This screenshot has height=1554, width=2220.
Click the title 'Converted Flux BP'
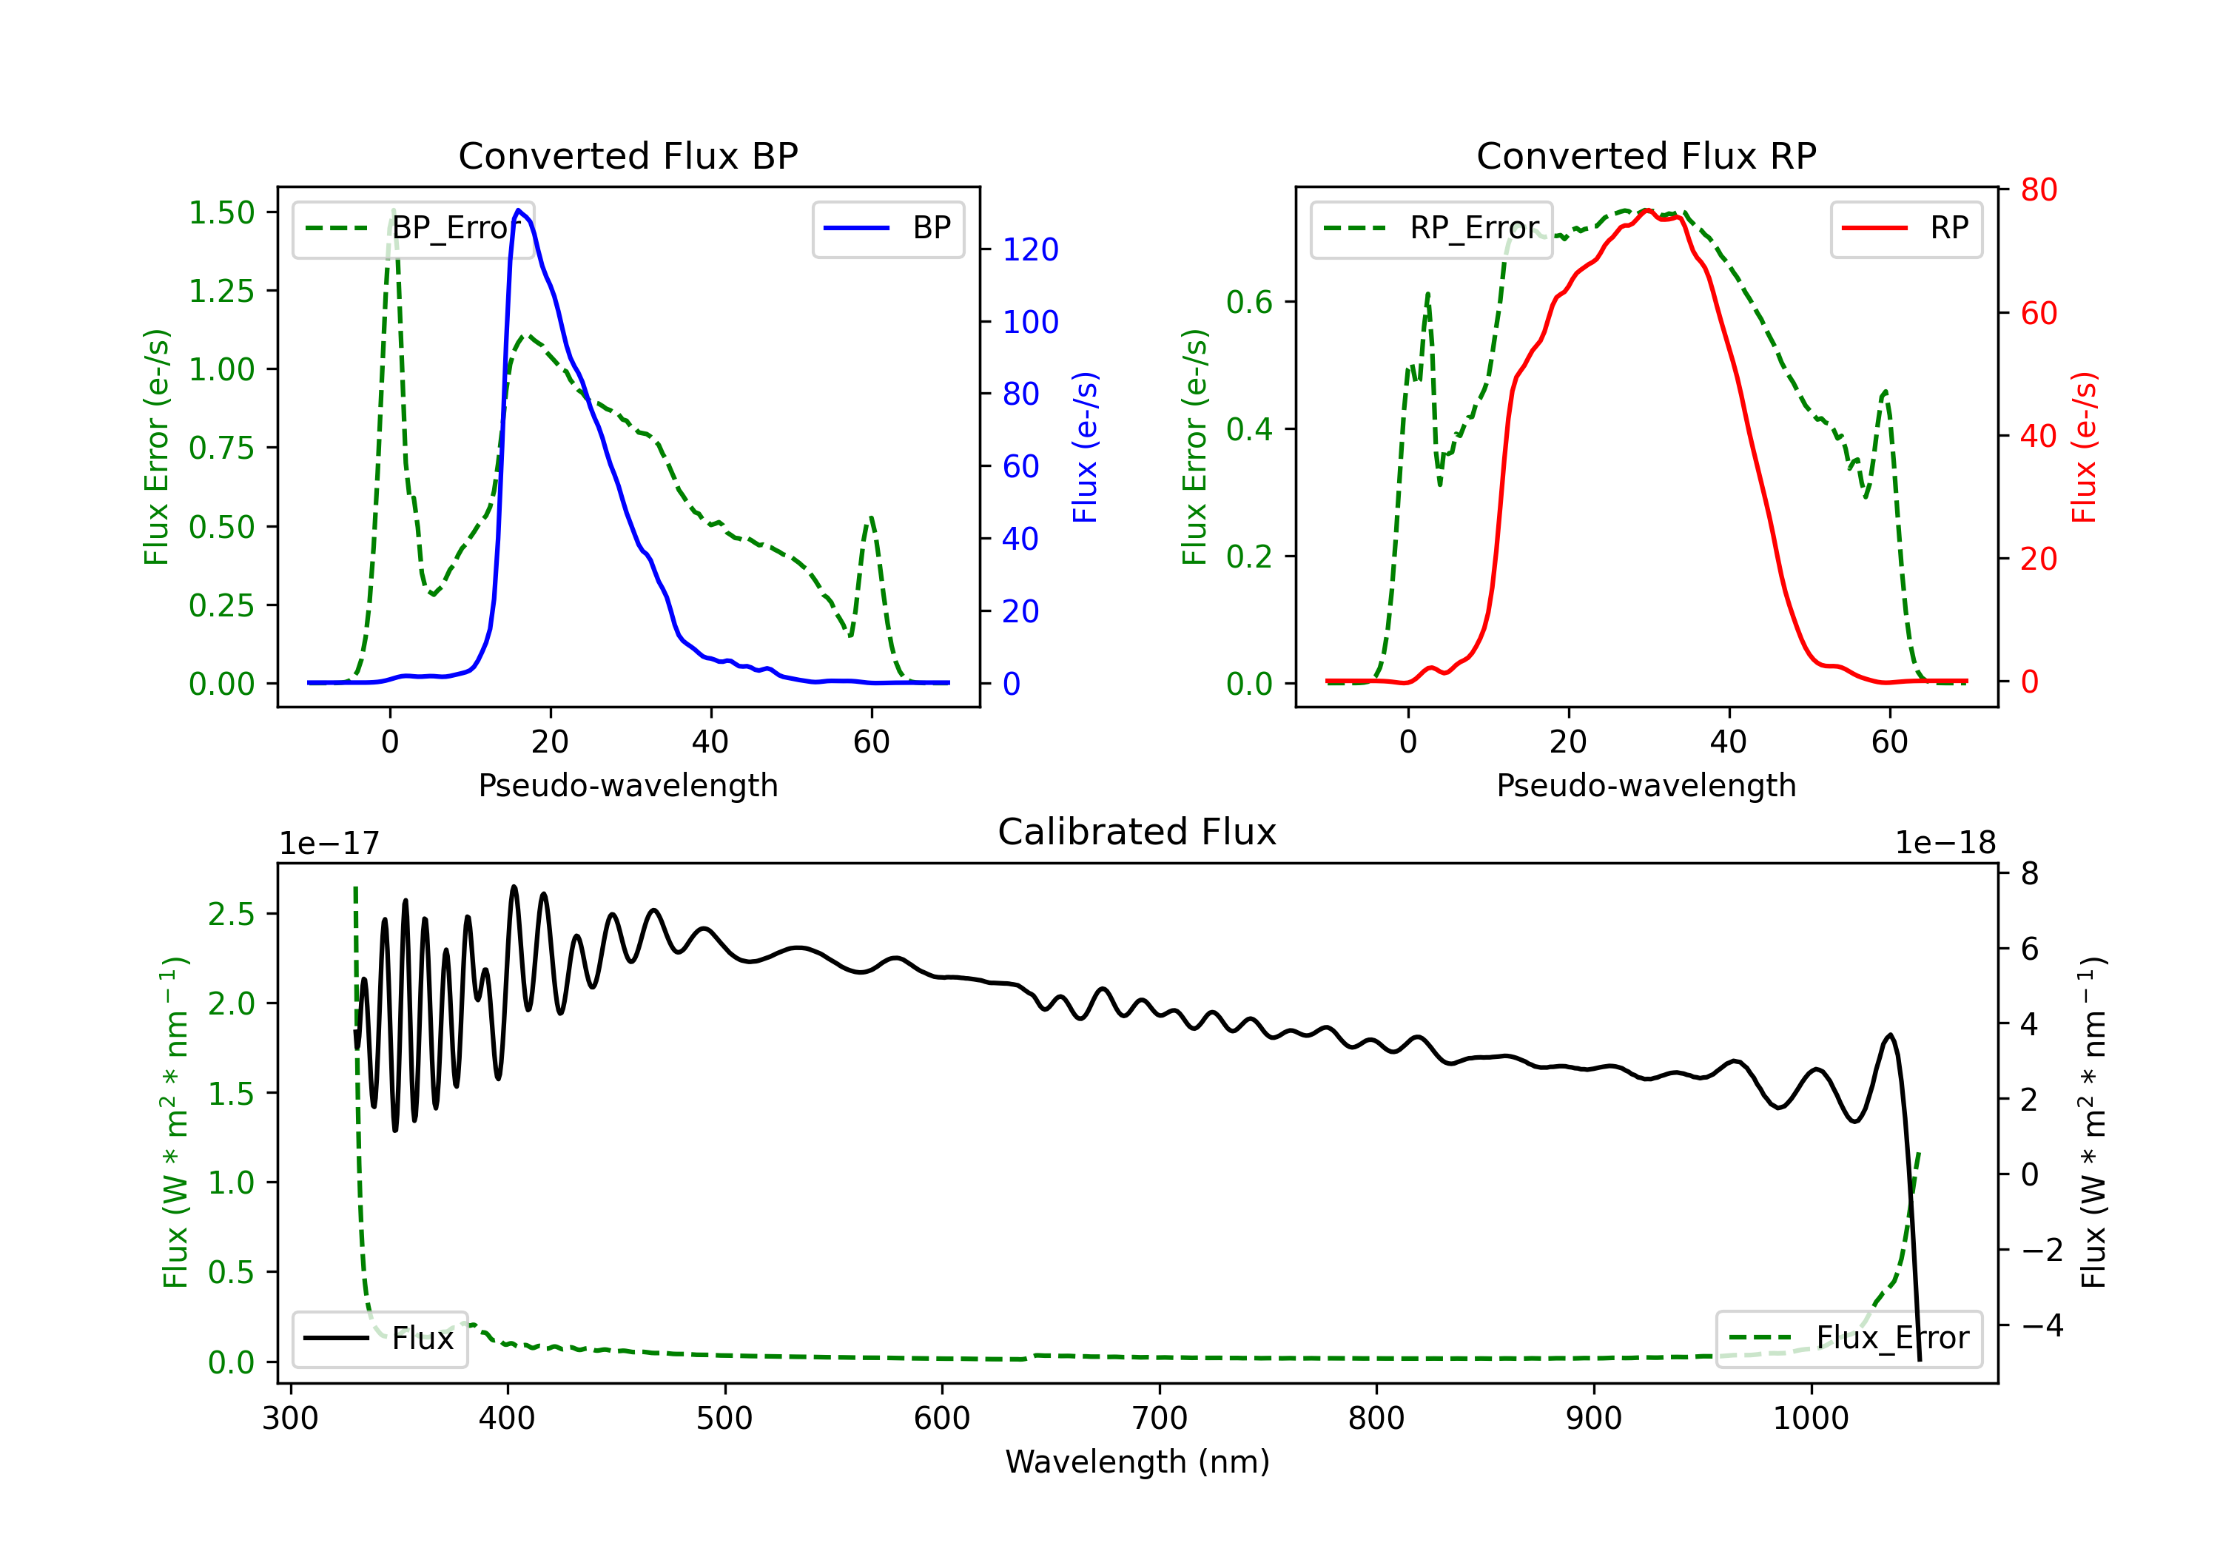[x=628, y=155]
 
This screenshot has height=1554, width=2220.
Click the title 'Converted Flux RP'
[x=1646, y=155]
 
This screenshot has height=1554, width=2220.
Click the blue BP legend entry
[x=887, y=228]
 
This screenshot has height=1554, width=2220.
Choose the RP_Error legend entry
[x=1431, y=228]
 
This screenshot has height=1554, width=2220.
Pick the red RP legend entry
[x=1905, y=228]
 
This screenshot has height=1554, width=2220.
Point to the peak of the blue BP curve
[x=519, y=210]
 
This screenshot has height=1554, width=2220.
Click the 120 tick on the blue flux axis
[x=1030, y=249]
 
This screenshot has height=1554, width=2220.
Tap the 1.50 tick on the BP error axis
[x=221, y=212]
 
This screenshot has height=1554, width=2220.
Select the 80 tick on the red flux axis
[x=2038, y=189]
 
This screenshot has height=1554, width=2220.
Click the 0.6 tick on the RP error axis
[x=1249, y=302]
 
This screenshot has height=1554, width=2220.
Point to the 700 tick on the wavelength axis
[x=1160, y=1419]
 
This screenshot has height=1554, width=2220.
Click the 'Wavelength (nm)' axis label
[x=1137, y=1461]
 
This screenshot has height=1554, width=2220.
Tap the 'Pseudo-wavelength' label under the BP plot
[x=628, y=785]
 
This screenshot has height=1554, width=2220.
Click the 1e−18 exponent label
[x=1945, y=844]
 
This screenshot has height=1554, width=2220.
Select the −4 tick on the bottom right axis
[x=2042, y=1325]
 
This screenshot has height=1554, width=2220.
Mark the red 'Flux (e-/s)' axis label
[x=2084, y=447]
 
